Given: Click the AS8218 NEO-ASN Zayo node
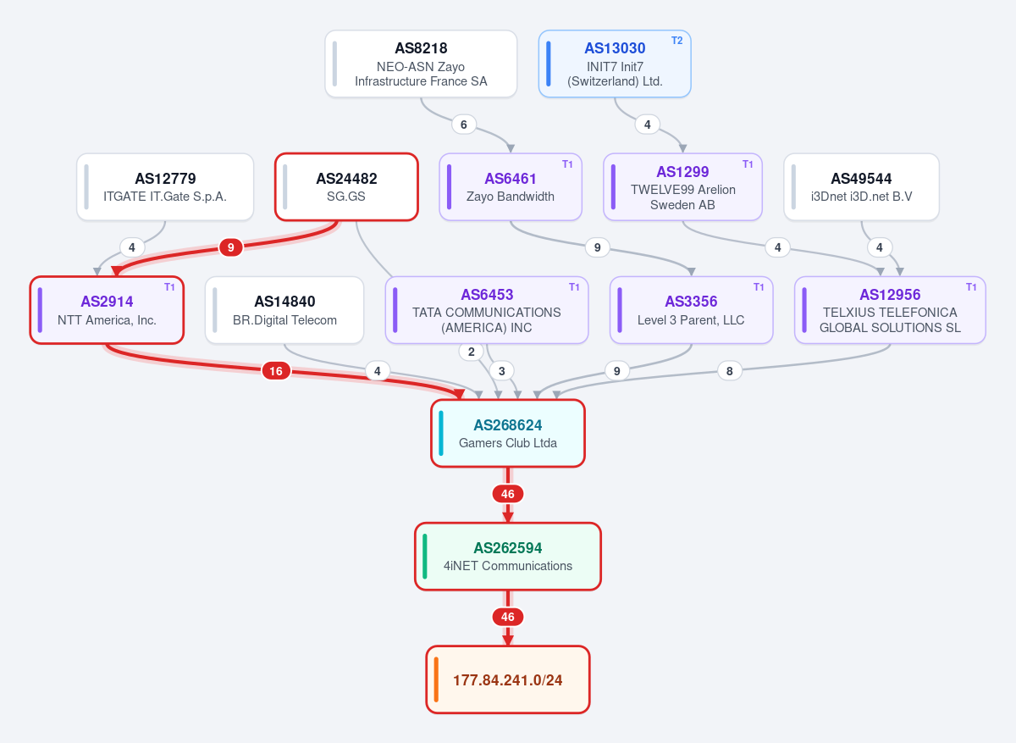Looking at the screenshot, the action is point(421,64).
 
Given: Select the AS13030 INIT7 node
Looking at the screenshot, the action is point(615,64).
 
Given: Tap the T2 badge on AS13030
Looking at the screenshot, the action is point(676,41).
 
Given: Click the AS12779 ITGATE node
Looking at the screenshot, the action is point(165,187).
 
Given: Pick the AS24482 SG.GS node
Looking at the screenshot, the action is point(346,187).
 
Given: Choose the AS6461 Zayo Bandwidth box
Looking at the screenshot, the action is point(511,187).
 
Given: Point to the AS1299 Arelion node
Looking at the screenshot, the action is point(682,187).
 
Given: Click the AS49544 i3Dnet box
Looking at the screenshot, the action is point(861,187).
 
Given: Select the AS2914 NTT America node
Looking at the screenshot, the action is point(107,310).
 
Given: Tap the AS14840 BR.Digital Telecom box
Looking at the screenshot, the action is point(284,310).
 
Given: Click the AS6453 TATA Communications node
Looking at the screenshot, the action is point(487,310).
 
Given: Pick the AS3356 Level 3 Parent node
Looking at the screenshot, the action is point(691,310).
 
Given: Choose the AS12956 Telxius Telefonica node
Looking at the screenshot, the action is point(890,310).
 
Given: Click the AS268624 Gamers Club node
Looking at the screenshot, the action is point(508,433).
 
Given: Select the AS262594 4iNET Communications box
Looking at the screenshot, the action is point(508,557).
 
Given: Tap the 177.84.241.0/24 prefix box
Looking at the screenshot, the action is point(508,679).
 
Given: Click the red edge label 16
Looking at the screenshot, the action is point(276,371).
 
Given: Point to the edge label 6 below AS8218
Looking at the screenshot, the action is point(464,125).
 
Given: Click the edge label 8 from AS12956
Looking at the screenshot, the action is point(729,371).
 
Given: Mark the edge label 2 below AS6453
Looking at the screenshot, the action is point(472,352).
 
